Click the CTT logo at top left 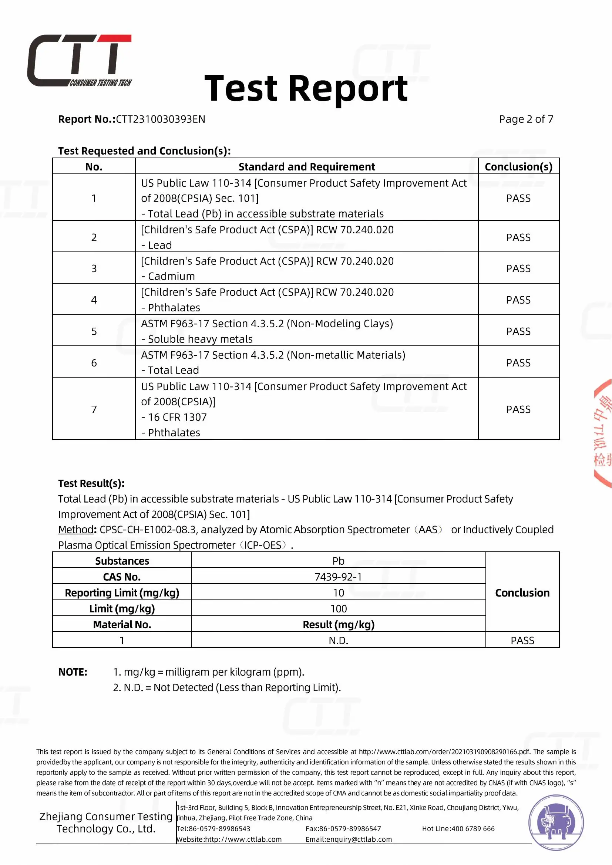(x=80, y=60)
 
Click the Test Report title (x=306, y=88)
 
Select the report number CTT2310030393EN (x=161, y=119)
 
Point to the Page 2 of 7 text (x=526, y=119)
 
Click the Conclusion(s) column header (x=518, y=167)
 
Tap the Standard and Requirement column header (x=306, y=167)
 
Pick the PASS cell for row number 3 (x=518, y=268)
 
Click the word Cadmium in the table (x=171, y=277)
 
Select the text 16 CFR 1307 (x=178, y=418)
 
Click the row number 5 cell (x=94, y=331)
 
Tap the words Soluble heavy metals (x=200, y=339)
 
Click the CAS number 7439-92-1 (x=338, y=577)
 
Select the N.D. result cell (x=338, y=641)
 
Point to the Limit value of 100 (x=338, y=609)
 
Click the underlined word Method (x=76, y=530)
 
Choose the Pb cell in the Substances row (x=338, y=561)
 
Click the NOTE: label (x=73, y=672)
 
